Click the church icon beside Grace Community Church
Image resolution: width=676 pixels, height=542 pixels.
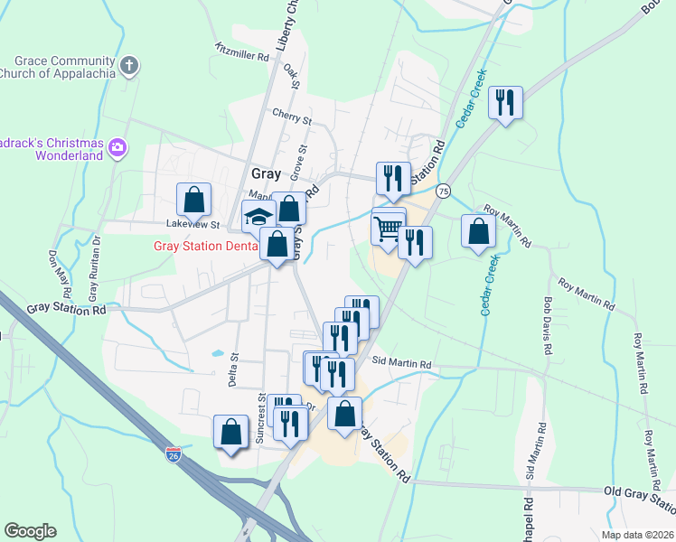click(x=130, y=65)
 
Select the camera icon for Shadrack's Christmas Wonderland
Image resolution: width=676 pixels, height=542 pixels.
click(x=117, y=146)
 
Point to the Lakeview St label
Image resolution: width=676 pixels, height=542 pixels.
click(x=193, y=224)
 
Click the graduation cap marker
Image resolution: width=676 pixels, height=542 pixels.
click(x=258, y=217)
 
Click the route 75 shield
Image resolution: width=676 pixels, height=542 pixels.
click(x=443, y=191)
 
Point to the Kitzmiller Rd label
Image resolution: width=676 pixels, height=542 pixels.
click(x=242, y=51)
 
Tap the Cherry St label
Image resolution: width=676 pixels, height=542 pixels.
click(x=292, y=117)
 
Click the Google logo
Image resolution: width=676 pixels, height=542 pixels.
click(x=30, y=531)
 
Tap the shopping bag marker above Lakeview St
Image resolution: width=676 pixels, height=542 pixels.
click(x=193, y=201)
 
